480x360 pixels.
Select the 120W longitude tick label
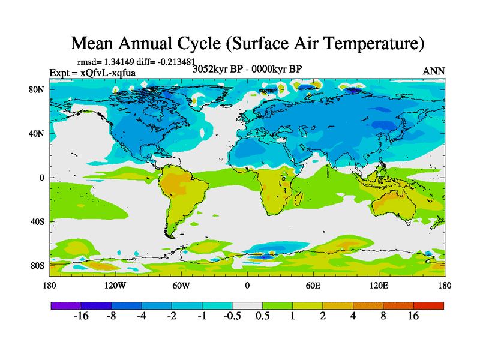click(x=115, y=286)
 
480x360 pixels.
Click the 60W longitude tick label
click(x=181, y=286)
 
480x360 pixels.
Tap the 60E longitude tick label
click(x=313, y=286)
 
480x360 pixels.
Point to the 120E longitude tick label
click(x=379, y=286)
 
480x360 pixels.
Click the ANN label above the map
click(x=434, y=71)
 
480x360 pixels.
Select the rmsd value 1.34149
click(x=121, y=61)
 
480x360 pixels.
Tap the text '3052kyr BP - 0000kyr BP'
click(x=247, y=68)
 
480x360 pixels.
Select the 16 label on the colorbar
click(x=413, y=316)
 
